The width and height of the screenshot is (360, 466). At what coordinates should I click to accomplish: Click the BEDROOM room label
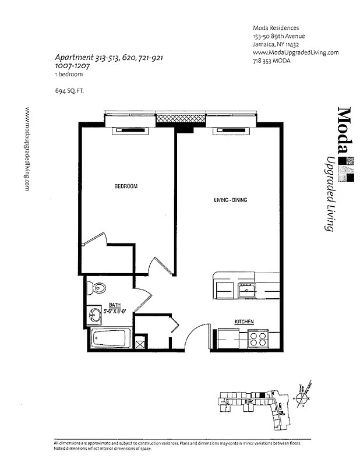[x=125, y=186]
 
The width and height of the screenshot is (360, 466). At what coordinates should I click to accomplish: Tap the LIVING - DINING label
[x=230, y=200]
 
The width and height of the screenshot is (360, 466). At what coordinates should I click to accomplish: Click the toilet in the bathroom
[x=97, y=288]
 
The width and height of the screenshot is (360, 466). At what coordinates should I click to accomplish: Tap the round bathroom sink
[x=95, y=315]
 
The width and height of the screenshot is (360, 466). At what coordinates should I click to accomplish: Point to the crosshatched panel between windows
[x=181, y=118]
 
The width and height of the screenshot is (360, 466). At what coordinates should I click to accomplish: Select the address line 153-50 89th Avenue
[x=280, y=36]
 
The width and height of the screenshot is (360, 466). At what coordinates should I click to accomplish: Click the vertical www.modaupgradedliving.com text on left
[x=27, y=149]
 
